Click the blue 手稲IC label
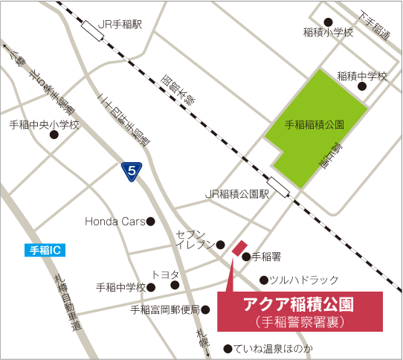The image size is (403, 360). [44, 251]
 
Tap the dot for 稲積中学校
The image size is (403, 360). [362, 86]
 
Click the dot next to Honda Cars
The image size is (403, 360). [150, 221]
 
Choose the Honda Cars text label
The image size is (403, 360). [115, 221]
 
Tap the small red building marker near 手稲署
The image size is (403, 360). [239, 248]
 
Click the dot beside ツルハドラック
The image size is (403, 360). [263, 280]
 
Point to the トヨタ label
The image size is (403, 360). [165, 274]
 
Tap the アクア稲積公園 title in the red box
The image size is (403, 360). [299, 305]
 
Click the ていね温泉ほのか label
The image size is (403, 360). [274, 348]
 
